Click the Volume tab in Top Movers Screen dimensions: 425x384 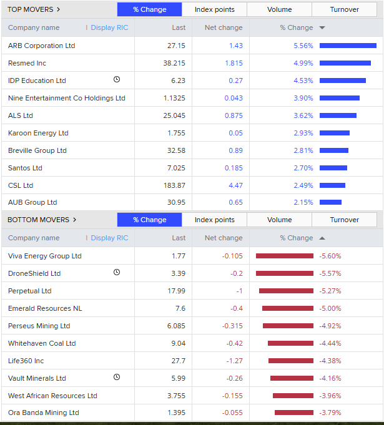pos(279,9)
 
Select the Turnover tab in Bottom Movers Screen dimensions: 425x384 pos(344,220)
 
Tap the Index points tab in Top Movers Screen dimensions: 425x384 pos(214,9)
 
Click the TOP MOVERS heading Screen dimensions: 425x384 pos(34,9)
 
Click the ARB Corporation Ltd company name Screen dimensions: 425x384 pos(41,46)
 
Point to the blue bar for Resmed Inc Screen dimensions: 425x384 pos(345,63)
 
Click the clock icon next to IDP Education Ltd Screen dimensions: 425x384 pos(117,79)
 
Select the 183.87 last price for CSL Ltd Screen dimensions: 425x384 pos(174,185)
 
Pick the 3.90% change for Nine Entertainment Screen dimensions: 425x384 pos(303,98)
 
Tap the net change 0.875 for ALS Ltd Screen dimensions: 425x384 pos(233,115)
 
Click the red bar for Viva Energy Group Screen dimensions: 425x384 pos(285,256)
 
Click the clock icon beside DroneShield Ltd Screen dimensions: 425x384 pos(117,272)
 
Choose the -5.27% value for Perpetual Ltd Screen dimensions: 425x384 pos(330,291)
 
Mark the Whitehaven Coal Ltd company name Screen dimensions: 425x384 pos(42,343)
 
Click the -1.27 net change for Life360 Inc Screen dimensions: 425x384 pos(233,361)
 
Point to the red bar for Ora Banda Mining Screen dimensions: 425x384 pos(294,413)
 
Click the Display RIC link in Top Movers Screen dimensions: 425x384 pos(109,27)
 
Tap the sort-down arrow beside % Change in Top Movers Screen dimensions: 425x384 pos(322,27)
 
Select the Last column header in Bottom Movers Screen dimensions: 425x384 pos(179,238)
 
